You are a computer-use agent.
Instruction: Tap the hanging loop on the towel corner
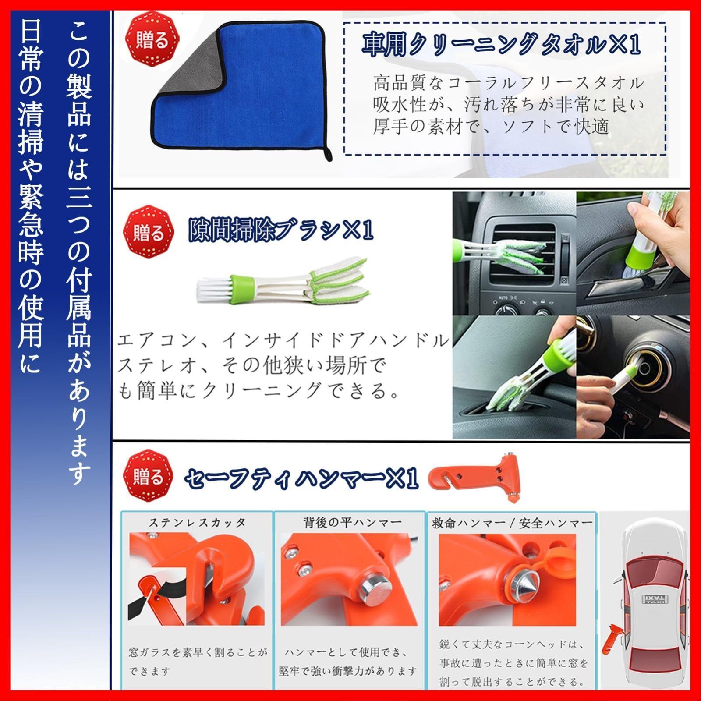click(326, 154)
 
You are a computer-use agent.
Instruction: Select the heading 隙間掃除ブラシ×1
click(281, 230)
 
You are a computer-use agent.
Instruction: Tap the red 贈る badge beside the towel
click(152, 41)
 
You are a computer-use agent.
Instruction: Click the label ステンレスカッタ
click(197, 523)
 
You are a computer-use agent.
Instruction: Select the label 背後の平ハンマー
click(352, 522)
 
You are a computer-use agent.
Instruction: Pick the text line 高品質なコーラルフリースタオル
click(509, 82)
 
